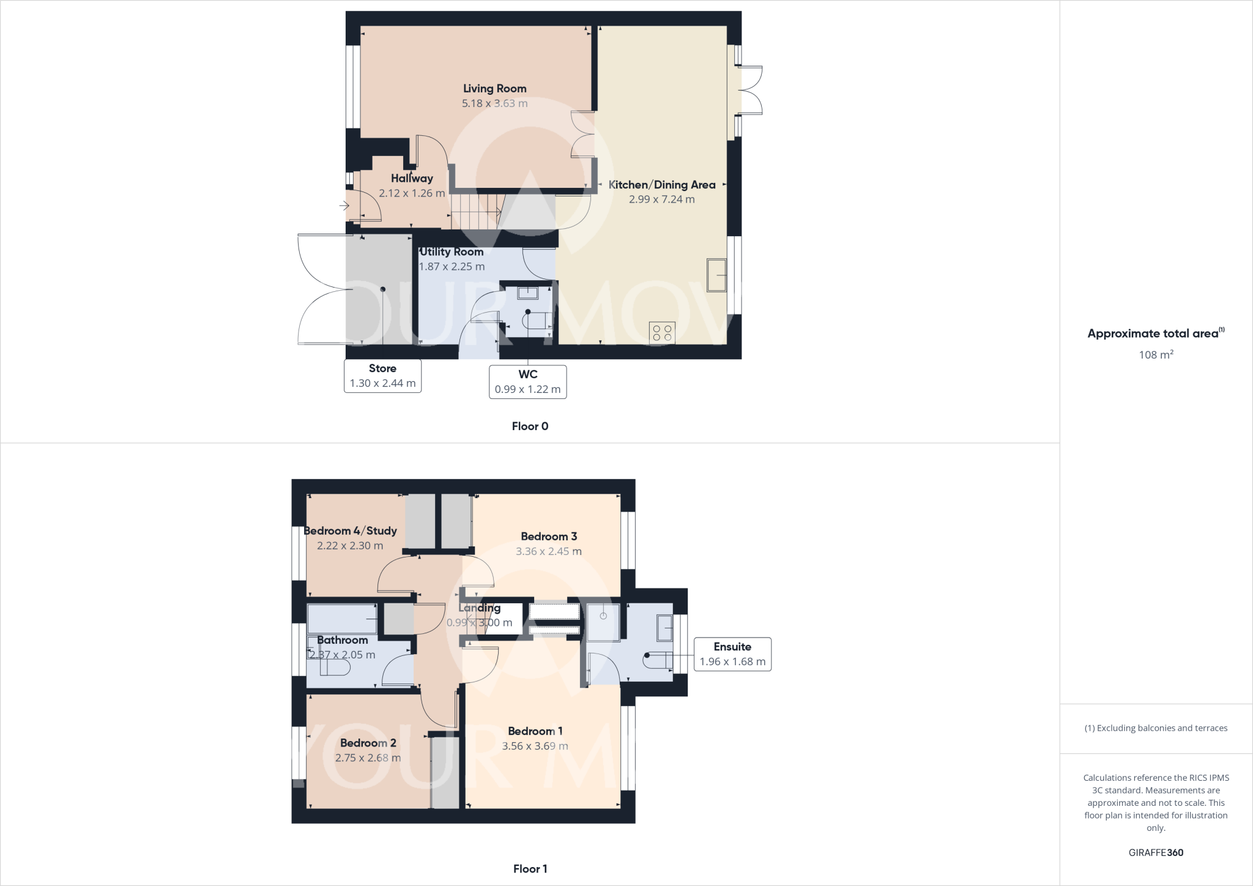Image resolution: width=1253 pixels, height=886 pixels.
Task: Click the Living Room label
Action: point(494,89)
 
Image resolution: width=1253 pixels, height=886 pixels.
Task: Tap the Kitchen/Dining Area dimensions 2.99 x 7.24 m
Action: point(661,199)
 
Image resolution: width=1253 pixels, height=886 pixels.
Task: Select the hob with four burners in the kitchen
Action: point(662,333)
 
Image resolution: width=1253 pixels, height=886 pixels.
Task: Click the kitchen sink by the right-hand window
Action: point(716,275)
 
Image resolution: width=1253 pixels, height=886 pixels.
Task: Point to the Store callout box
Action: point(382,376)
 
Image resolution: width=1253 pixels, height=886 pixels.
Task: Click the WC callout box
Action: point(527,382)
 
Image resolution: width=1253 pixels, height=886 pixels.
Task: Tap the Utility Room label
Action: point(452,252)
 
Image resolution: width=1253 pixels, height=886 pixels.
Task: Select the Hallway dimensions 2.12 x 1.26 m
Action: point(412,193)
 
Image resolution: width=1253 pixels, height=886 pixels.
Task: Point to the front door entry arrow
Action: point(344,206)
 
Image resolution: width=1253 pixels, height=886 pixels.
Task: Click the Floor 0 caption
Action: point(530,426)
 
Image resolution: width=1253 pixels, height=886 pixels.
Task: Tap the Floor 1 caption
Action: point(530,869)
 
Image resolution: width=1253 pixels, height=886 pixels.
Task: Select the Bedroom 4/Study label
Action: point(351,531)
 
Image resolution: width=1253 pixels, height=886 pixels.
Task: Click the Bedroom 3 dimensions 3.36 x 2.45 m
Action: point(548,551)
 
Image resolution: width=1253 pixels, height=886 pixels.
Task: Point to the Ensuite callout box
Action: point(732,654)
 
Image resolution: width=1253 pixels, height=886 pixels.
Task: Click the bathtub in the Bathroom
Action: point(342,619)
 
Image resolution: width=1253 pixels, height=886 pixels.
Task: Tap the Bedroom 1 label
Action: point(535,731)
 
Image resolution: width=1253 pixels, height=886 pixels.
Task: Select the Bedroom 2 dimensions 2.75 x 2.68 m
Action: point(368,758)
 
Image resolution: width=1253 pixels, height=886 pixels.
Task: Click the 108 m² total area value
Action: point(1156,355)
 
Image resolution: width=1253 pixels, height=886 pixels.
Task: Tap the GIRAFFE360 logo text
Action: point(1156,852)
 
